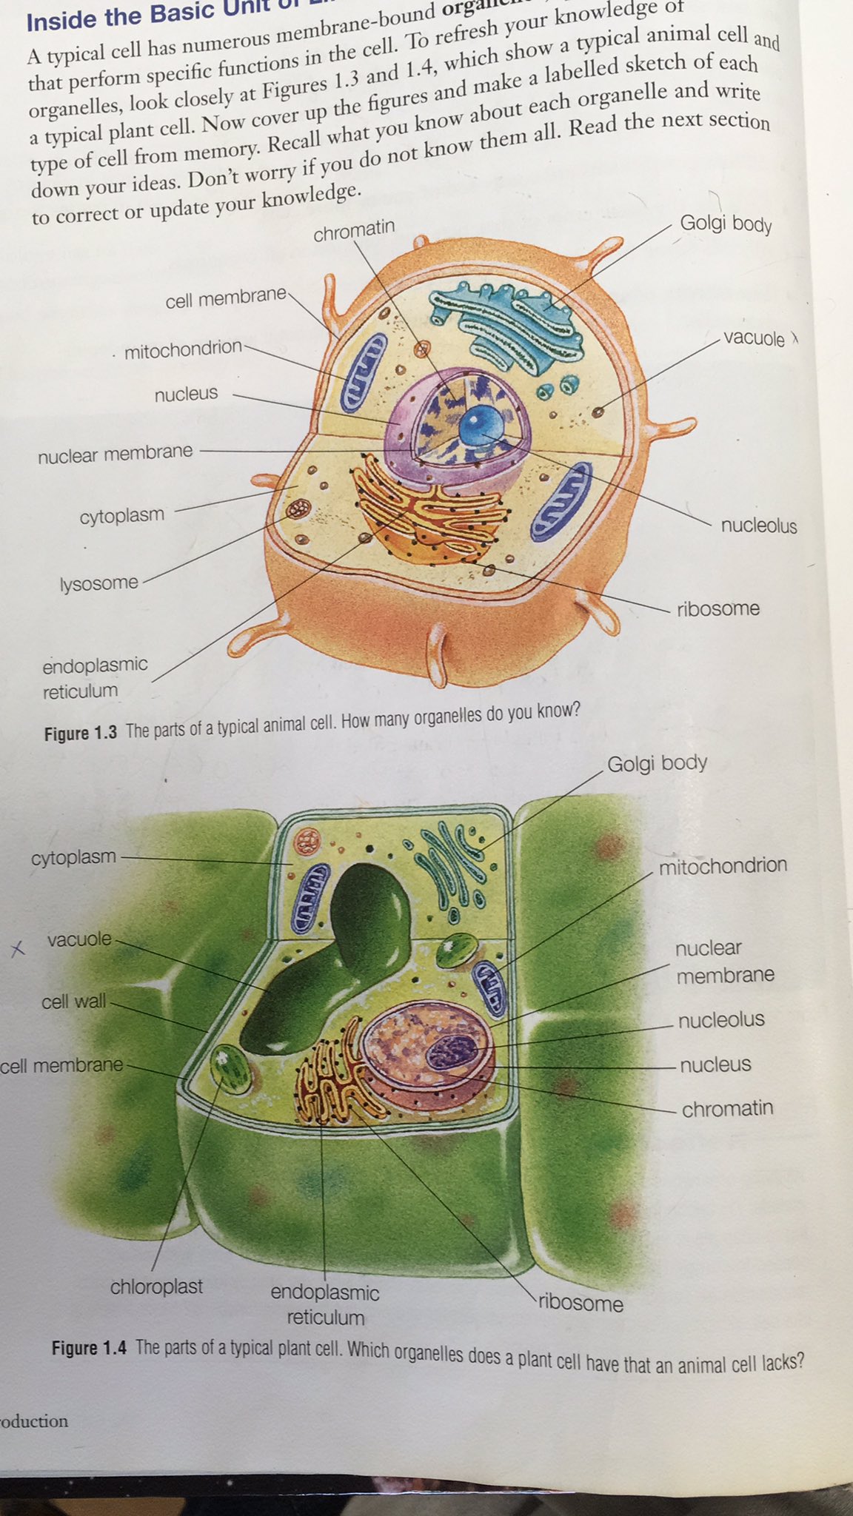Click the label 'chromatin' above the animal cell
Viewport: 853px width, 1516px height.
354,230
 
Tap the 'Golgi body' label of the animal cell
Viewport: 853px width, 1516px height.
726,222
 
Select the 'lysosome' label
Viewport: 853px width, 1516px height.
98,583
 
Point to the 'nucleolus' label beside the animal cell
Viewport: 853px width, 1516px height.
758,526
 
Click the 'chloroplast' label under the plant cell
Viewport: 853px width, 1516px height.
156,1287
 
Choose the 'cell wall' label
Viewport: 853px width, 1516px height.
73,1002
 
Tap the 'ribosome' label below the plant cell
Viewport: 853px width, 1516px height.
581,1302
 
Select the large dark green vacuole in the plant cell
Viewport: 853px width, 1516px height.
333,955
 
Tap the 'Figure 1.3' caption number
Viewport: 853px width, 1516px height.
81,733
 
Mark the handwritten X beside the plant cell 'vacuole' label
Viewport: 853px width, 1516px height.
19,948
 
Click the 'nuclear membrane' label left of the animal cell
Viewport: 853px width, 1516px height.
115,453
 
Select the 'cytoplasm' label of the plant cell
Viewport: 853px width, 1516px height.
73,857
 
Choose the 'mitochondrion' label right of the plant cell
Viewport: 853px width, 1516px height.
723,865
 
